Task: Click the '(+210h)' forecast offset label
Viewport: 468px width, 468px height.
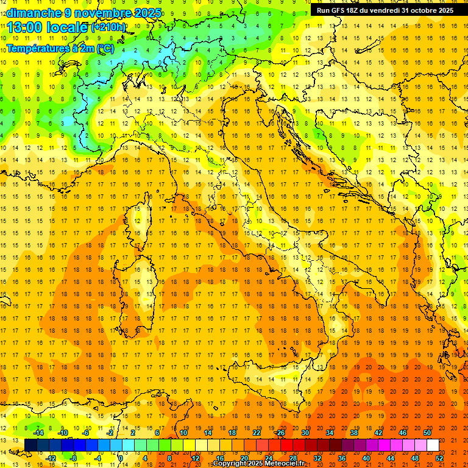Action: (108, 27)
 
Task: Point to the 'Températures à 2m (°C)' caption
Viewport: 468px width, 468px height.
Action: (60, 48)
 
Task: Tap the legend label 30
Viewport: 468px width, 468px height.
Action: (305, 433)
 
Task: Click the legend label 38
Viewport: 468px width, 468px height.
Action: (353, 433)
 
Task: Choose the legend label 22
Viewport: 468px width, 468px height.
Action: (256, 433)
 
